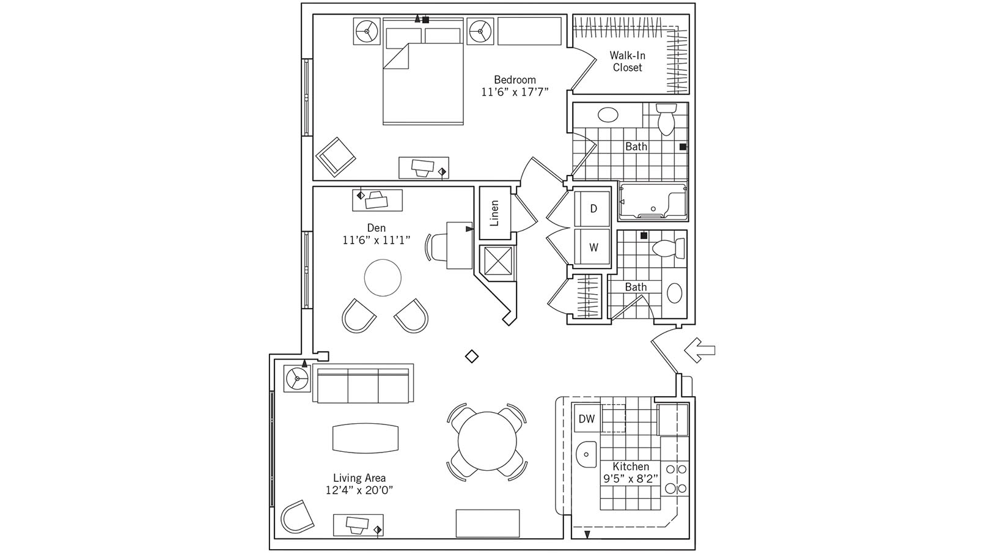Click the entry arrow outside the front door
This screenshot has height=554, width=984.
[699, 350]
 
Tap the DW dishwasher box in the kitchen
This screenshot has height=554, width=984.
[587, 419]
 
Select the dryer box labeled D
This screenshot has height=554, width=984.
[592, 209]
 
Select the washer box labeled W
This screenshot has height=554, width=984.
[592, 247]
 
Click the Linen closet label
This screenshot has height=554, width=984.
[494, 213]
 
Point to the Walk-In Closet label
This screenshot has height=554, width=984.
[627, 61]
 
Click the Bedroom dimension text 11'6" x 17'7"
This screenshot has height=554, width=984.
[515, 92]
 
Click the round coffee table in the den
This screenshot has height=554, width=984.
[383, 278]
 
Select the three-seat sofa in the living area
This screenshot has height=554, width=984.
[362, 384]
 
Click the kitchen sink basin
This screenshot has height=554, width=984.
[587, 454]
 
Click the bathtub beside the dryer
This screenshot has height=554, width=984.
[653, 201]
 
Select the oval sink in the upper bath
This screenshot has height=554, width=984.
[608, 114]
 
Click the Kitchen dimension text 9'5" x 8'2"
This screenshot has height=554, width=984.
[631, 478]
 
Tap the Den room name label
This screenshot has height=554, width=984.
[376, 228]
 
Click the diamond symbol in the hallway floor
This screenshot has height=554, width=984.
[471, 356]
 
